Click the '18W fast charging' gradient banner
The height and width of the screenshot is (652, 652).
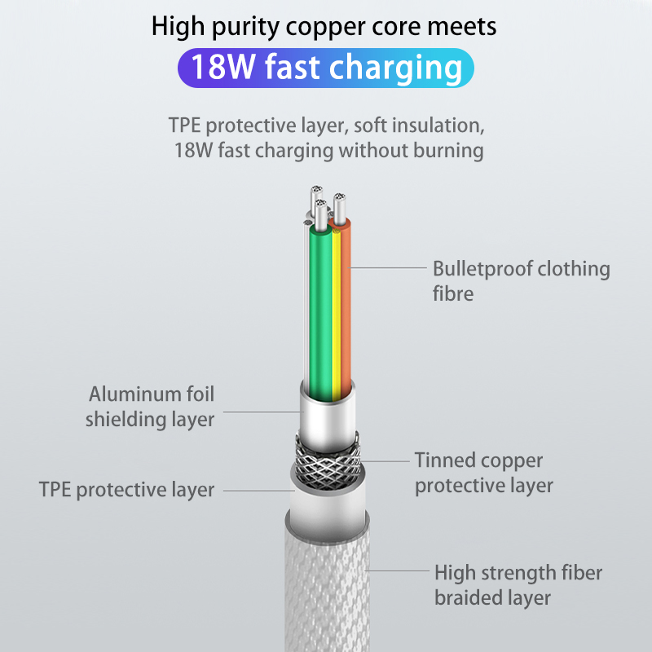pyautogui.click(x=325, y=68)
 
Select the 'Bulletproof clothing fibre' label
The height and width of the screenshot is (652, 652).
pyautogui.click(x=521, y=280)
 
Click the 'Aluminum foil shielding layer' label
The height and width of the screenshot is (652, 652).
pyautogui.click(x=151, y=407)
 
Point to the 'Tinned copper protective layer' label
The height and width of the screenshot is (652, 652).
pyautogui.click(x=483, y=473)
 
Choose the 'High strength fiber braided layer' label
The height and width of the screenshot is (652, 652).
pyautogui.click(x=518, y=585)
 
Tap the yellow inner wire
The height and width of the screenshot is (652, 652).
pyautogui.click(x=334, y=318)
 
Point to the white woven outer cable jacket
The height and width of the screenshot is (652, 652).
pyautogui.click(x=326, y=587)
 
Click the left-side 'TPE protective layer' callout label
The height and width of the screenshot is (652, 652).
pyautogui.click(x=126, y=490)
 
